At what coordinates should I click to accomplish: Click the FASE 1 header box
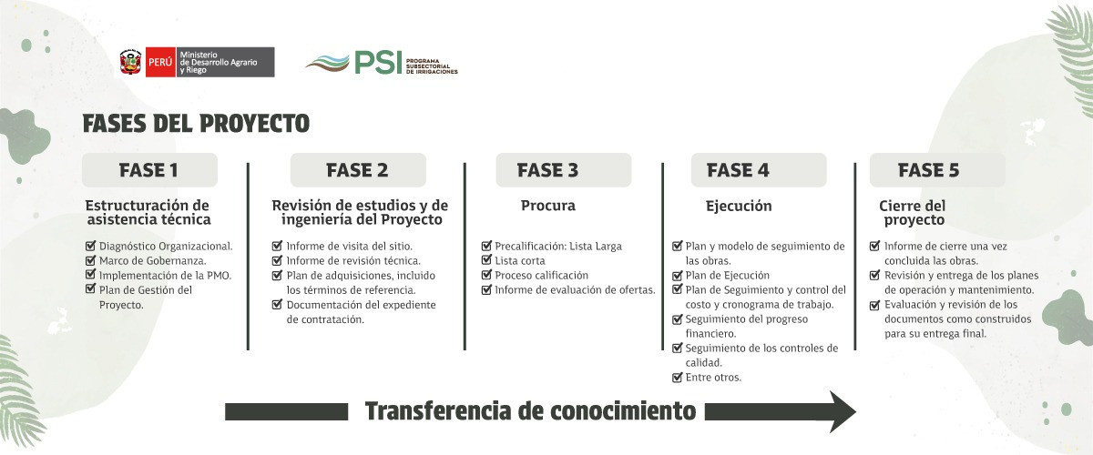pos(149,169)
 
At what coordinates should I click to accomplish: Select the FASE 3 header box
pos(564,169)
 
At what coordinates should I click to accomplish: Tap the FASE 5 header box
pos(937,169)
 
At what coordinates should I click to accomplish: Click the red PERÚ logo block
pos(160,62)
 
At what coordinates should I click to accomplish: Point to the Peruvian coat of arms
pos(131,62)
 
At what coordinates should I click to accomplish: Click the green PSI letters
pos(378,63)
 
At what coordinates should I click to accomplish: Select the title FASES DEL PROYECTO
pos(196,124)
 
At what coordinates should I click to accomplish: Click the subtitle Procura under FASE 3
pos(548,206)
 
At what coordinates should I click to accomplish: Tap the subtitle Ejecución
pos(739,206)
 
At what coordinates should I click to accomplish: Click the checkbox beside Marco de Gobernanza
pos(90,260)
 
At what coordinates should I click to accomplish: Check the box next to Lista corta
pos(486,260)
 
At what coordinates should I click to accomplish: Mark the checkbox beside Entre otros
pos(678,377)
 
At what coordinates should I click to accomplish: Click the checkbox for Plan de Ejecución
pos(678,275)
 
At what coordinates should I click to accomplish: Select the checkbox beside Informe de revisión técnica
pos(277,260)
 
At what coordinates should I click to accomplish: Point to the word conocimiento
pos(623,411)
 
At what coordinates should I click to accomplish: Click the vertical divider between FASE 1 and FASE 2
pos(248,257)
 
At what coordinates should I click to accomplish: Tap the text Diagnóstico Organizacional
pos(166,247)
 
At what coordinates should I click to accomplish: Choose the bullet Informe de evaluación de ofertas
pos(576,289)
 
